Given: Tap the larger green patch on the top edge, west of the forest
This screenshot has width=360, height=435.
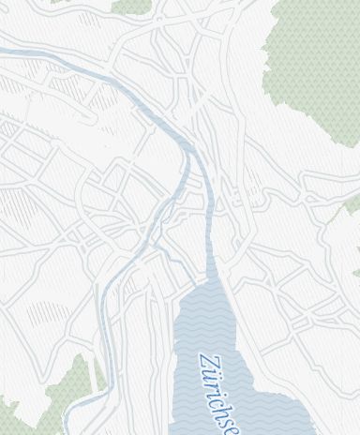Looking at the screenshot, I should pyautogui.click(x=131, y=6).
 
